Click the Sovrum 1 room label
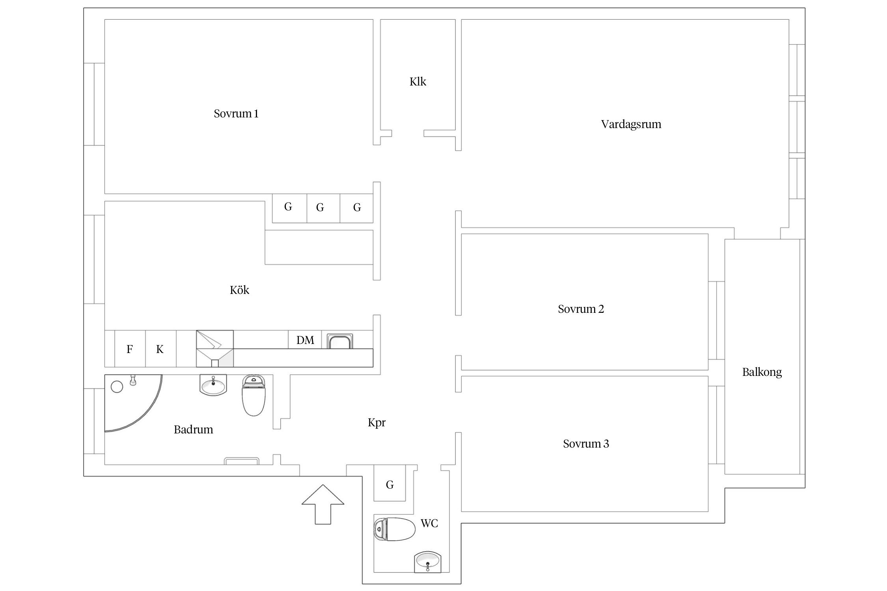(x=236, y=114)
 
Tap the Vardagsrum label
(x=631, y=125)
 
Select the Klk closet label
(x=418, y=82)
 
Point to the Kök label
(x=239, y=290)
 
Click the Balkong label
(x=762, y=372)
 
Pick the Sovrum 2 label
(x=581, y=309)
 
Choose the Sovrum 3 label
(x=586, y=444)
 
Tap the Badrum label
(x=194, y=429)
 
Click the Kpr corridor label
(x=376, y=423)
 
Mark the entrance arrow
(x=323, y=504)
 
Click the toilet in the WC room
(x=395, y=529)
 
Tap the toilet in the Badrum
(x=253, y=395)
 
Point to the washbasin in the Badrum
(x=213, y=385)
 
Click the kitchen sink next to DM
(x=340, y=341)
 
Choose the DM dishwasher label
(x=305, y=340)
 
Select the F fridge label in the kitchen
(x=129, y=349)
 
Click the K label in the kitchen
(x=160, y=349)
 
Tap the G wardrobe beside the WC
(x=389, y=485)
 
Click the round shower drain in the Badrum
(x=117, y=387)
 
